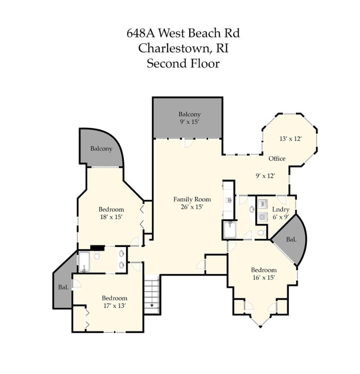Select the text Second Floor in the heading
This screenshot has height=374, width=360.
tap(183, 63)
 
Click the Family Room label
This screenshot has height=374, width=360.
tap(192, 199)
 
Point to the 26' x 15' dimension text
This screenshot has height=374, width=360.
tap(191, 206)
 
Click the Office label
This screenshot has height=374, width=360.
tap(277, 159)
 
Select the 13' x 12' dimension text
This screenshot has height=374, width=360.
tap(291, 138)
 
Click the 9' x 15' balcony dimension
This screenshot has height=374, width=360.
tap(189, 122)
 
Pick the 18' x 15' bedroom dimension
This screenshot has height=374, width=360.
tap(111, 217)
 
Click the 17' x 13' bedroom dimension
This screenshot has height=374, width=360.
tap(114, 306)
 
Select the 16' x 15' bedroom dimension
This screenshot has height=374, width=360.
tap(264, 278)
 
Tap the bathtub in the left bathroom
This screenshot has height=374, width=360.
tap(84, 263)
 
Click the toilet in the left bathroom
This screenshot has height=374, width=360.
tap(97, 256)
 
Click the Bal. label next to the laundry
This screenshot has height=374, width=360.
tap(291, 240)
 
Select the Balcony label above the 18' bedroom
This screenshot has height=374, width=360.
tap(101, 149)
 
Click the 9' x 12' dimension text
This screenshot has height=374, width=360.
tap(266, 176)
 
